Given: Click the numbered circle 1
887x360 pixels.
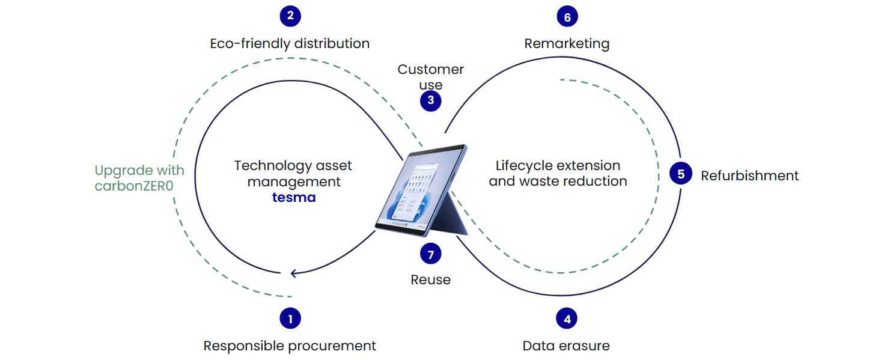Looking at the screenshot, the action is coord(290,319).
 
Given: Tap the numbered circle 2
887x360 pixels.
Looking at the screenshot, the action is coord(290,16).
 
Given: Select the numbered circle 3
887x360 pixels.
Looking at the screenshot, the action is coord(430,100).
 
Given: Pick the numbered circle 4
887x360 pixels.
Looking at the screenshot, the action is coord(567,319).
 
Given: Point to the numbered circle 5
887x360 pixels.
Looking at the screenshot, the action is coord(681,174).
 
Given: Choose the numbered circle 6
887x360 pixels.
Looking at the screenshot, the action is coord(567,17).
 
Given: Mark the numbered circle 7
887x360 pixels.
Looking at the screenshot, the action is coord(430,254).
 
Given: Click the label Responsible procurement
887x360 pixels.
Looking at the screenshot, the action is coord(290,346).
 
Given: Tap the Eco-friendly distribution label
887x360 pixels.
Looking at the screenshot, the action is coord(290,43).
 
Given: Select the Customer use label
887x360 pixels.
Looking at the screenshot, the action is coord(430,77).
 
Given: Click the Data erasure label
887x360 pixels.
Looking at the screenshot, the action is coord(566,346).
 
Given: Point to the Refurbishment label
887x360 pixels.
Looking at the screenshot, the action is coord(749,175).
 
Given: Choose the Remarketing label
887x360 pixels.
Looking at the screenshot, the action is coord(567,43).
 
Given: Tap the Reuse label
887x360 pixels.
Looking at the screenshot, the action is coord(430,279).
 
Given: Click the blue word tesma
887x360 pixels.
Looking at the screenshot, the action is coord(294,197).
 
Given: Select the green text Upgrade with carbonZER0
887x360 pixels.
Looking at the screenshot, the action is coord(139,178).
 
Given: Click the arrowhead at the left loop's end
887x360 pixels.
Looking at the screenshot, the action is coord(293,273).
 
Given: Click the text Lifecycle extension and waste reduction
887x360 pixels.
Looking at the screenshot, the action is coord(558,173).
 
